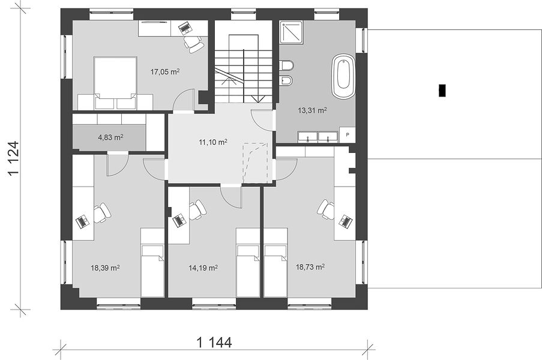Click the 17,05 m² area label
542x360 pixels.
click(x=165, y=72)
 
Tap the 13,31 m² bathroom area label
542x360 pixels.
click(x=313, y=110)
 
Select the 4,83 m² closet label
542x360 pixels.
click(x=110, y=137)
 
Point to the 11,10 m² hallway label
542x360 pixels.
click(x=213, y=142)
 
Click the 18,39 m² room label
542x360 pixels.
click(x=106, y=268)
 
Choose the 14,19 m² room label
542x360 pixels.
click(x=203, y=268)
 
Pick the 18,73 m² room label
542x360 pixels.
click(x=310, y=267)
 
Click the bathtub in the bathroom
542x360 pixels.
click(x=343, y=76)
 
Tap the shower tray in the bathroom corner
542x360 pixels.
click(x=292, y=33)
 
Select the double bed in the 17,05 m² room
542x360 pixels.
click(x=115, y=83)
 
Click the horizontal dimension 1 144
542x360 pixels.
click(x=214, y=343)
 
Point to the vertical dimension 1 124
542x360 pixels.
click(x=14, y=158)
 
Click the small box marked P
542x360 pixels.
click(x=348, y=135)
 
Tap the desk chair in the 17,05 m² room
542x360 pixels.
click(x=193, y=44)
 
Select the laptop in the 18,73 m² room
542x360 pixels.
click(x=346, y=221)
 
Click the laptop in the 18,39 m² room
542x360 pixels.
click(x=82, y=221)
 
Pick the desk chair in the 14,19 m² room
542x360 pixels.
click(x=197, y=210)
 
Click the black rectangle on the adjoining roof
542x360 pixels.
click(x=442, y=91)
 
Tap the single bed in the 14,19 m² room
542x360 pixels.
click(x=248, y=262)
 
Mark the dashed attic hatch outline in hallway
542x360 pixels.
click(x=255, y=163)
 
